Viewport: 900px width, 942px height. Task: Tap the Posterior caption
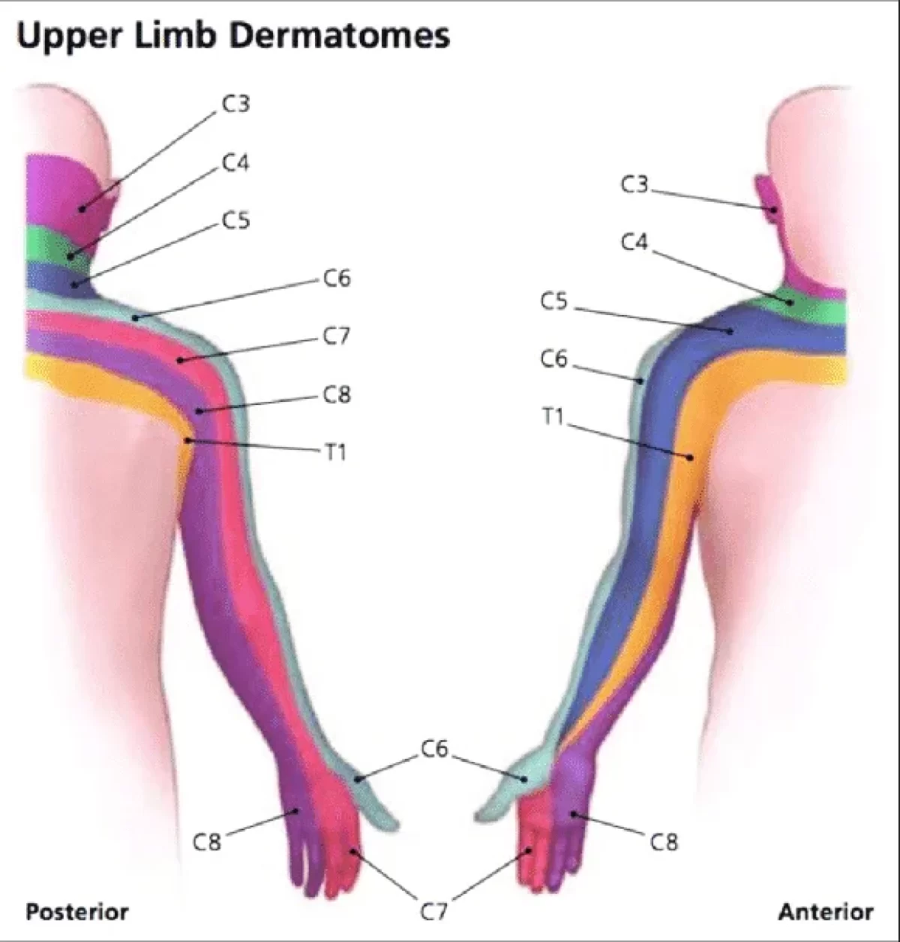pos(77,911)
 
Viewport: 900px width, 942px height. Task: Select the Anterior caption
pos(826,911)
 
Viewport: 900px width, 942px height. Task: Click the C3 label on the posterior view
pos(235,104)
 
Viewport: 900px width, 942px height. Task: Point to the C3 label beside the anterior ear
pos(634,184)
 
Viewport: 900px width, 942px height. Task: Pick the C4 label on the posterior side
pos(235,163)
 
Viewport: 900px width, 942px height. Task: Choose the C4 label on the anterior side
pos(634,243)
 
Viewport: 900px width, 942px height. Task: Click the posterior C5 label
pos(235,220)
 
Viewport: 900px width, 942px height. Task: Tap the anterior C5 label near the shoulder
pos(555,302)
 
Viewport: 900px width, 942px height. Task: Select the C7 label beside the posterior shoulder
pos(337,336)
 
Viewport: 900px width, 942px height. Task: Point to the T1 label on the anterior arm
pos(553,417)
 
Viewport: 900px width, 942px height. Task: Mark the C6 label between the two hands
pos(434,748)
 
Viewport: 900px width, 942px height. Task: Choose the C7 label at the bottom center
pos(433,911)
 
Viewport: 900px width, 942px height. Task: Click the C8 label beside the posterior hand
pos(207,842)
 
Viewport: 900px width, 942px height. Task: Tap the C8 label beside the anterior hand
pos(664,842)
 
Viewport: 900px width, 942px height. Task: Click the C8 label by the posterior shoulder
pos(337,394)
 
